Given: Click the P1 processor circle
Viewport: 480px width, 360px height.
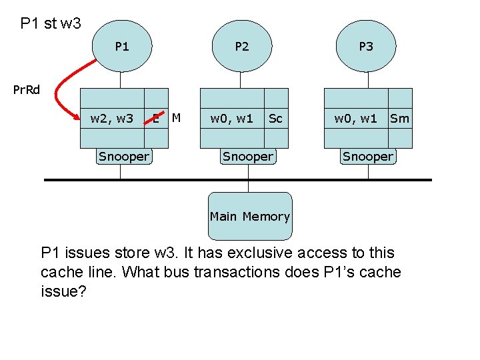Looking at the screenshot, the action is [122, 46].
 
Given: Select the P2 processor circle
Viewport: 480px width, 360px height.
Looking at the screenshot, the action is [242, 46].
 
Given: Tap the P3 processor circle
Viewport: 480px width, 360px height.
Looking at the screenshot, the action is [366, 46].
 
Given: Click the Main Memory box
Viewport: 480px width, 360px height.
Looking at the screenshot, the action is [250, 216].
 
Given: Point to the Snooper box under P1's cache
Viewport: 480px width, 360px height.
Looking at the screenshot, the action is [124, 157].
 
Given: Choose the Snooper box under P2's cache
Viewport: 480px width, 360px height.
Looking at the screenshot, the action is [248, 157].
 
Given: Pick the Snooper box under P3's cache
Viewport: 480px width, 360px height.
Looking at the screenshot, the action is [368, 157].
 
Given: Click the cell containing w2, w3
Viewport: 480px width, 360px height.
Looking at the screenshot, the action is [112, 119].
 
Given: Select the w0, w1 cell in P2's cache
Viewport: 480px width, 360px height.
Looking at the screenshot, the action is [232, 119].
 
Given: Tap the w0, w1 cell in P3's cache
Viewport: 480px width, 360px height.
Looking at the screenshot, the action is [356, 119].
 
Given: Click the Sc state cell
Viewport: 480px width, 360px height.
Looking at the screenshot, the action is [276, 119].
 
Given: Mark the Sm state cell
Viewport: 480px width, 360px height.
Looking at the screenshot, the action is [400, 119].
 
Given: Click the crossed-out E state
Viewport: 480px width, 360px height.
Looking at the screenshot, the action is [156, 119].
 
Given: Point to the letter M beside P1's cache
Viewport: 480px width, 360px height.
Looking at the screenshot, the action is [176, 117].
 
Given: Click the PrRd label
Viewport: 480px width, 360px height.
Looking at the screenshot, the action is [26, 90].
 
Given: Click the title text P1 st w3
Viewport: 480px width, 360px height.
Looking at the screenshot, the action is [51, 23].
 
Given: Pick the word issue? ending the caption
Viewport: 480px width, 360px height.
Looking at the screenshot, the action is [63, 291].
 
